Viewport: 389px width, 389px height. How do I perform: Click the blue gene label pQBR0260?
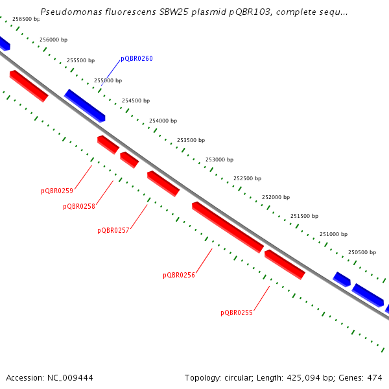[x=137, y=59]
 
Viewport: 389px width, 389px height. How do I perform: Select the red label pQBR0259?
[x=57, y=191]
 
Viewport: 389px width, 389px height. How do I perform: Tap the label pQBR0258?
[x=79, y=207]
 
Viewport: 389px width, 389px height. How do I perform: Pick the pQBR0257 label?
[x=113, y=231]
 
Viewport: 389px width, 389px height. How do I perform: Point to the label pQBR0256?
[x=179, y=276]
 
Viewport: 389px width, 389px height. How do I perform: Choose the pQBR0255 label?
[x=237, y=313]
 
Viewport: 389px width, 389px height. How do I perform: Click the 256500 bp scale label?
[x=26, y=19]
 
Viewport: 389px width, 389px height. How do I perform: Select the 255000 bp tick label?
[x=108, y=81]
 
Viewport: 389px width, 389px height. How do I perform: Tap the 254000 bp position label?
[x=163, y=121]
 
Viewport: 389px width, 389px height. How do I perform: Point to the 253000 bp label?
[x=219, y=159]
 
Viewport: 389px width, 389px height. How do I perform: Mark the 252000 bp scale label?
[x=276, y=197]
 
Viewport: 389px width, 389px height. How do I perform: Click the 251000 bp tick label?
[x=333, y=235]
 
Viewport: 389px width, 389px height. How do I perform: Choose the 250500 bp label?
[x=362, y=253]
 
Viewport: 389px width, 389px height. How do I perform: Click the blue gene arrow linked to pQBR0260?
[x=84, y=105]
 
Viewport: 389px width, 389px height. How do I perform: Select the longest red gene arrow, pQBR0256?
[x=228, y=227]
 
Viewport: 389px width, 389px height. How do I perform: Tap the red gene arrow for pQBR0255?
[x=285, y=265]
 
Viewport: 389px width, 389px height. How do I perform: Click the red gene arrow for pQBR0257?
[x=163, y=183]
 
